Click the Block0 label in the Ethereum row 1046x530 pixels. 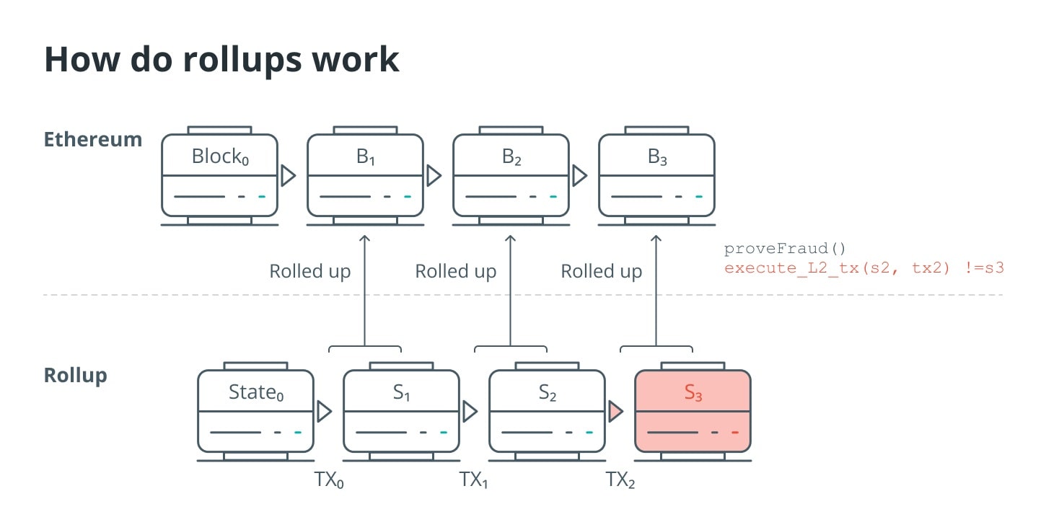pyautogui.click(x=220, y=156)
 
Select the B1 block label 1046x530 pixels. pyautogui.click(x=366, y=156)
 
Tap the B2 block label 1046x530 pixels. pyautogui.click(x=511, y=156)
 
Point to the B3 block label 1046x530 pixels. pyautogui.click(x=657, y=156)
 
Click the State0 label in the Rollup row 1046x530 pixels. pyautogui.click(x=256, y=392)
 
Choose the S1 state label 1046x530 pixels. pyautogui.click(x=402, y=392)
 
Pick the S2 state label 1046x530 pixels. pyautogui.click(x=548, y=392)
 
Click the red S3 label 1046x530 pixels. pyautogui.click(x=693, y=392)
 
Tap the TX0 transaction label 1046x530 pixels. pyautogui.click(x=329, y=480)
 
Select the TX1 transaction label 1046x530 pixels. pyautogui.click(x=474, y=480)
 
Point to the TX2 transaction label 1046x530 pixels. pyautogui.click(x=620, y=480)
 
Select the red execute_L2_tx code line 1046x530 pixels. pyautogui.click(x=864, y=268)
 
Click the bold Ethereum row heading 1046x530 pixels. pyautogui.click(x=93, y=139)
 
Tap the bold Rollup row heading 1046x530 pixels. pyautogui.click(x=76, y=376)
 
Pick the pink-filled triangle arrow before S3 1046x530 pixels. pyautogui.click(x=615, y=412)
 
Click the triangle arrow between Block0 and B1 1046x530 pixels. pyautogui.click(x=288, y=175)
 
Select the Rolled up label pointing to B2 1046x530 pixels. pyautogui.click(x=456, y=272)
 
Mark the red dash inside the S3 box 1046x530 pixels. pyautogui.click(x=735, y=433)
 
